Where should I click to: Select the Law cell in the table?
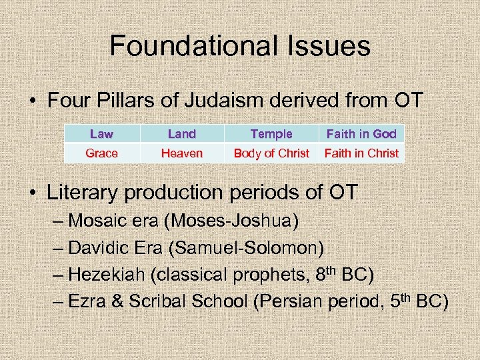tap(101, 134)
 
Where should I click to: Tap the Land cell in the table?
tap(182, 134)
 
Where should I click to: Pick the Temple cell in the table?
tap(271, 134)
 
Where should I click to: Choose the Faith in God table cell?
tap(361, 134)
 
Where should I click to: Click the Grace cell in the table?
tap(101, 153)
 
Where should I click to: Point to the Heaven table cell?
tap(182, 153)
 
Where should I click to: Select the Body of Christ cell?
tap(271, 153)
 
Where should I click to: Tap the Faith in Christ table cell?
tap(361, 153)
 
